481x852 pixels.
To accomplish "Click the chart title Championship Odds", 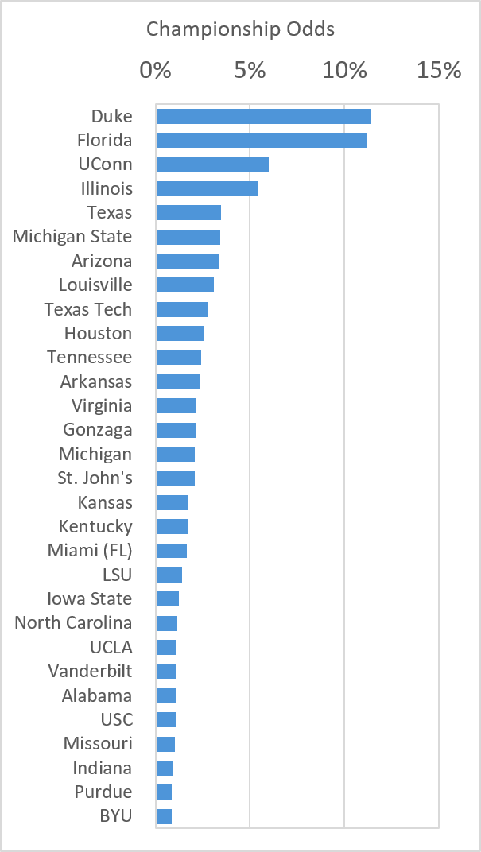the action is (240, 29).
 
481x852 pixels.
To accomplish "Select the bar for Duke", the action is (264, 116).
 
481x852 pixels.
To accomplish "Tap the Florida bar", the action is (262, 140).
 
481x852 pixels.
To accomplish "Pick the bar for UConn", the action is (212, 164).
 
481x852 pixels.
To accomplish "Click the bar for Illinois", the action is (207, 188).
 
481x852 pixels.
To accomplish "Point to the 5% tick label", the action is (250, 71).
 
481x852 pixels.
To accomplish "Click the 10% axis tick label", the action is (344, 71).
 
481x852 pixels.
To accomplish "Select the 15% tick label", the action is (439, 71).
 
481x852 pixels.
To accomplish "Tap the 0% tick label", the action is (156, 71).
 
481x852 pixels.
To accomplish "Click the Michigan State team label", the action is (72, 237).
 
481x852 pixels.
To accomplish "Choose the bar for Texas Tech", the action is (181, 309).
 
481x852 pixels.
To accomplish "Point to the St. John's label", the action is (95, 478).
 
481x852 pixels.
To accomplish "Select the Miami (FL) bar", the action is (171, 551).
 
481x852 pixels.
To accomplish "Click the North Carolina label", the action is (73, 622).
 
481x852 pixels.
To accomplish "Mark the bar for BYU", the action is (164, 817).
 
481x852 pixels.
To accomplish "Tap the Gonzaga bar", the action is (176, 430).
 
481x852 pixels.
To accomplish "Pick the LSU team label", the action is (118, 575).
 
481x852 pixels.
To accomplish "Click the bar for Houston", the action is (180, 333).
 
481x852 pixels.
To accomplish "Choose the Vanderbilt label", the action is (90, 671).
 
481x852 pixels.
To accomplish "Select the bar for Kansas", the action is (173, 502).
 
